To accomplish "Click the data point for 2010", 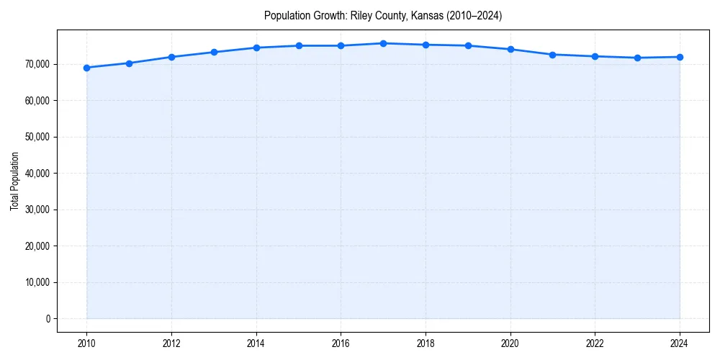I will point(86,68).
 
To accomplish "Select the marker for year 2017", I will point(383,43).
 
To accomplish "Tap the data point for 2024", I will point(680,57).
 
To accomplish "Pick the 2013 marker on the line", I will point(214,52).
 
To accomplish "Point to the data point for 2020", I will point(510,49).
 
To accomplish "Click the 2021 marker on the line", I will point(552,55).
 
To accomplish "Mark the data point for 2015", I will point(299,45).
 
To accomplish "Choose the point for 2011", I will point(129,63).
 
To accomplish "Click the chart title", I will point(383,15).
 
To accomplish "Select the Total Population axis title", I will point(14,181).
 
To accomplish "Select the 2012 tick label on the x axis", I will point(171,343).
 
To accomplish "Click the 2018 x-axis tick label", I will point(426,343).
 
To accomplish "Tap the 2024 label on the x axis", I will point(680,343).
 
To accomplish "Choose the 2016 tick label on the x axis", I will point(341,343).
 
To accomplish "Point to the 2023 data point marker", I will point(637,58).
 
